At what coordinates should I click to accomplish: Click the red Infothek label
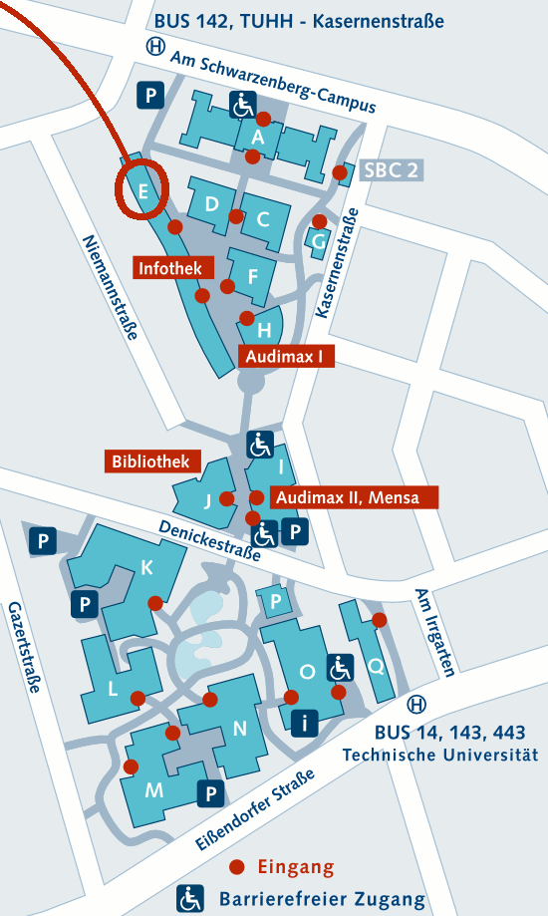tap(170, 267)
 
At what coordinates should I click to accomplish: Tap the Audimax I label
tap(287, 356)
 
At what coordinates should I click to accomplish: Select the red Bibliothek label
tap(152, 460)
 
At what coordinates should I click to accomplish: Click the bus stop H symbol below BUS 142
tap(154, 47)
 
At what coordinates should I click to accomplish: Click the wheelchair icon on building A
tap(243, 104)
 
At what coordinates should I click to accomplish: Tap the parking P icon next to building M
tap(211, 794)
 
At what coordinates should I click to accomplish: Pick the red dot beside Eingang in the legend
tap(237, 867)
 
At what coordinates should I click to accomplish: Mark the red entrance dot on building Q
tap(380, 620)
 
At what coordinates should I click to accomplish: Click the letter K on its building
tap(147, 567)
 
